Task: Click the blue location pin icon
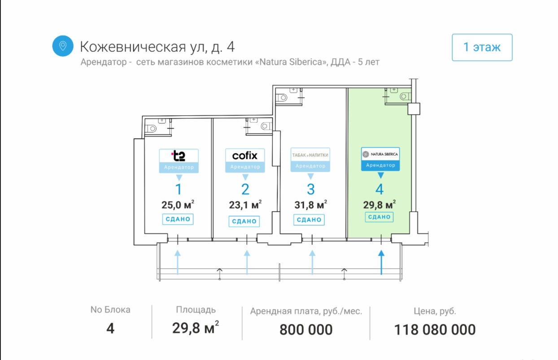click(63, 46)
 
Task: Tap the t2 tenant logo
click(179, 156)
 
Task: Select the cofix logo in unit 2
click(245, 155)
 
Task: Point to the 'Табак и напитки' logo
click(310, 155)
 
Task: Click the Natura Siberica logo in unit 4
click(380, 154)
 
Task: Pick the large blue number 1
click(179, 189)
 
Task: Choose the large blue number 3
click(310, 189)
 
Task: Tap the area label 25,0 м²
click(178, 205)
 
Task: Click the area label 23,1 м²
click(245, 205)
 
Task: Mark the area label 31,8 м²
click(310, 205)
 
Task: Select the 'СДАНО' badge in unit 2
click(245, 221)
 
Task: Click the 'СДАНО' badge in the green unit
click(379, 217)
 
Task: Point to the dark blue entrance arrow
click(381, 262)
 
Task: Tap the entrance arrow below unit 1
click(178, 262)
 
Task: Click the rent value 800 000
click(306, 330)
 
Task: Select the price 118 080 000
click(435, 330)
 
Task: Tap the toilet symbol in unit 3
click(283, 97)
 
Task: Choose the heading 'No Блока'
click(110, 310)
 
